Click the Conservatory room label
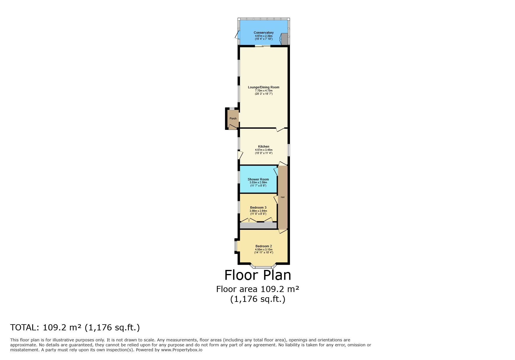pos(263,33)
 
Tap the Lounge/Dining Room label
pos(263,87)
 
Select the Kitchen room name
pos(263,146)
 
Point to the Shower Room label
pos(258,179)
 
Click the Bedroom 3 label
pos(258,207)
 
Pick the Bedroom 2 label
pos(263,246)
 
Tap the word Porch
pos(233,119)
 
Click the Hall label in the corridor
pos(283,197)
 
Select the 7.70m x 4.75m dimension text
pos(263,91)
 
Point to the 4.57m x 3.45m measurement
pos(263,150)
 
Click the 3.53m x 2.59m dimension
pos(258,182)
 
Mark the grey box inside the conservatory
pos(284,39)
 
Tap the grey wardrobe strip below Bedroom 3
pos(258,225)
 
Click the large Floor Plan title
pos(258,275)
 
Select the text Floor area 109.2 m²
pos(258,289)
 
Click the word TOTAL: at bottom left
pos(24,327)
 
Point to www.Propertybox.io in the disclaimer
pos(182,350)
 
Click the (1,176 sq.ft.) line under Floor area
pos(258,299)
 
